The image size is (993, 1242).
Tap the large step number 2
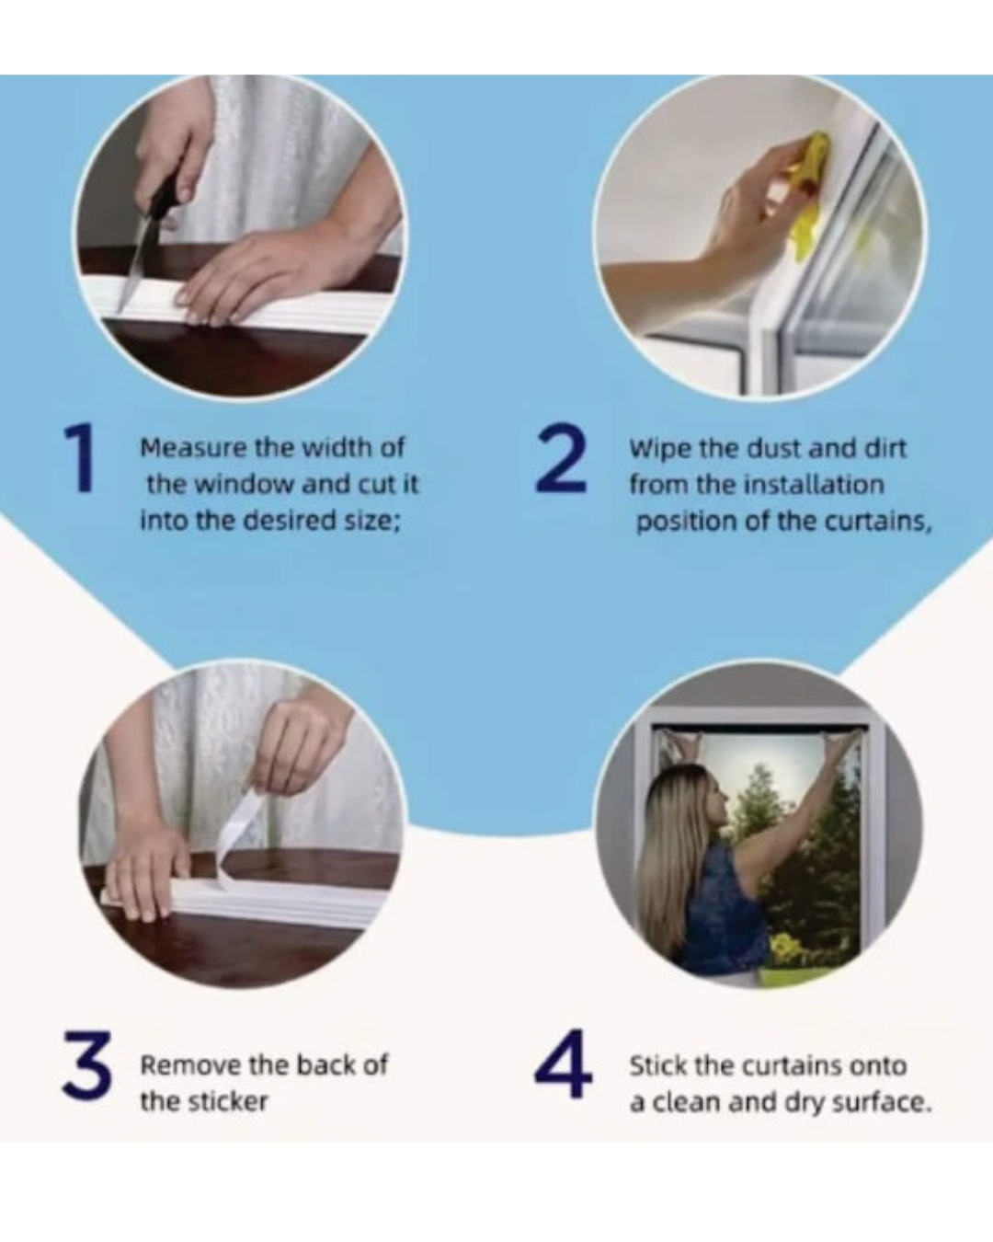click(561, 458)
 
